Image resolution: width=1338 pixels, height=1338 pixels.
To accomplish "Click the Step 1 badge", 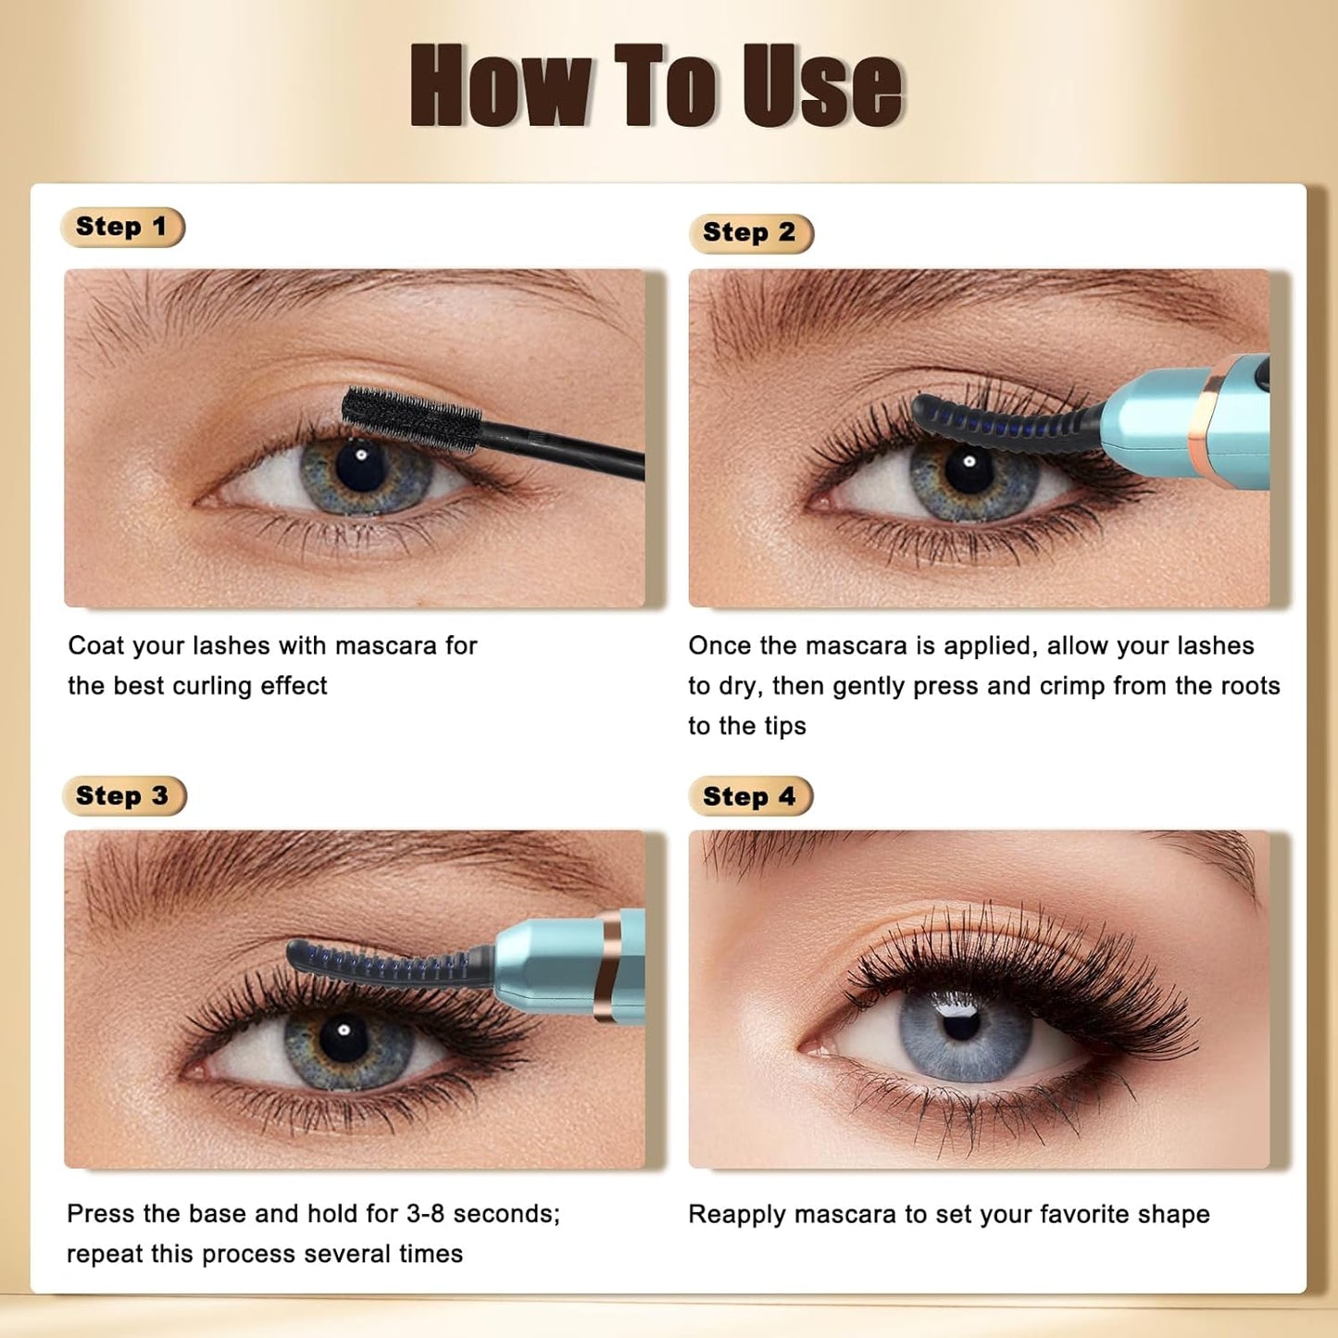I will pyautogui.click(x=122, y=227).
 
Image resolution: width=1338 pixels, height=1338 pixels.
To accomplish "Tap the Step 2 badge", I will pyautogui.click(x=750, y=232).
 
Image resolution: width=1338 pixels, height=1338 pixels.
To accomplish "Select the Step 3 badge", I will pyautogui.click(x=123, y=796).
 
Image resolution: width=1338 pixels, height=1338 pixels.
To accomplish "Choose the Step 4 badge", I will pyautogui.click(x=750, y=796).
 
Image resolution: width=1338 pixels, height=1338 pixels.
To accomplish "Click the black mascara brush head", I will pyautogui.click(x=410, y=419).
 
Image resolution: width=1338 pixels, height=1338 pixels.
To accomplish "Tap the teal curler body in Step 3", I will pyautogui.click(x=546, y=963).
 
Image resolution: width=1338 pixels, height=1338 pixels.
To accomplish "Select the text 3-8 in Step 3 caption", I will pyautogui.click(x=426, y=1214).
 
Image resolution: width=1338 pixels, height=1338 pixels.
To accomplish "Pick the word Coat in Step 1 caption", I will pyautogui.click(x=95, y=645).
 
